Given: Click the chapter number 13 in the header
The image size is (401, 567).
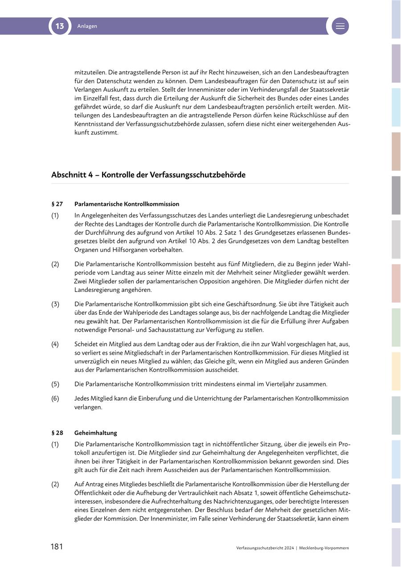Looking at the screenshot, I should [60, 26].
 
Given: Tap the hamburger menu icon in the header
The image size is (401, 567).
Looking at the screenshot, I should [340, 26].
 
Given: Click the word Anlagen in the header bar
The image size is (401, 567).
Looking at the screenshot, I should [87, 26].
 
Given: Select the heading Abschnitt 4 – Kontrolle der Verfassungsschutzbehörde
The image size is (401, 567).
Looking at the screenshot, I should [148, 175].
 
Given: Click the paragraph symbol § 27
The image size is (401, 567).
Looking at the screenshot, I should [57, 204].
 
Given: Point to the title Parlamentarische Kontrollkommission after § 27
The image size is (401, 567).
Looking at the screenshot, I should [127, 204].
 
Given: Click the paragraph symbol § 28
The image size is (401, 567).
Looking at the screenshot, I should [57, 433].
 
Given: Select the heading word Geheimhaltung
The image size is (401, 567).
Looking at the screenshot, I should [96, 433].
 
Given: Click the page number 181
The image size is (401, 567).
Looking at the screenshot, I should [57, 547].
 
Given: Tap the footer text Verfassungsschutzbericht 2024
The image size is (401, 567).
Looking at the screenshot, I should [265, 548].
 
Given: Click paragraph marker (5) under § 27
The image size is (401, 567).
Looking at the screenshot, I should [55, 384].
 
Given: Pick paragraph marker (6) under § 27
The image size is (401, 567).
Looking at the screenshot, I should [55, 399].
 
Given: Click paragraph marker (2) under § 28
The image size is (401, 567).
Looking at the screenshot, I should [55, 484].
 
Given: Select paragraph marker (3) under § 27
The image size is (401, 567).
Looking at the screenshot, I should [55, 304].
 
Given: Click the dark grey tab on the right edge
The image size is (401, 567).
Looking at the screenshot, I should [396, 195].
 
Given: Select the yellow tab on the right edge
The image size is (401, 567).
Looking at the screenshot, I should [396, 371].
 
